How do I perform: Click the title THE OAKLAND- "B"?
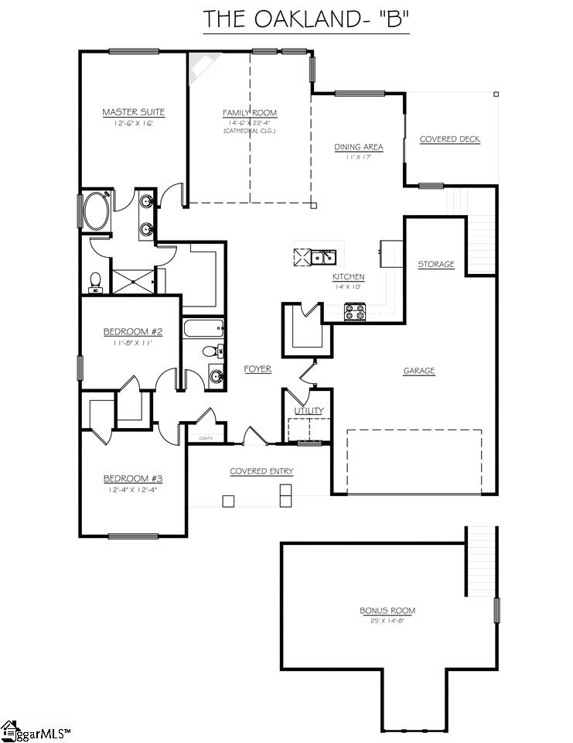[x=305, y=19]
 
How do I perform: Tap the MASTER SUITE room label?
[x=133, y=112]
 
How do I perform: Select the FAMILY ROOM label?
[x=249, y=113]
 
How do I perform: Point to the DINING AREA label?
[x=358, y=147]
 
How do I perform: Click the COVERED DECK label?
[x=449, y=139]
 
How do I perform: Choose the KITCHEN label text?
[x=348, y=276]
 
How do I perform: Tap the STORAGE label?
[x=436, y=265]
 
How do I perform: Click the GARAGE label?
[x=419, y=371]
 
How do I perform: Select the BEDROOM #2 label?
[x=133, y=331]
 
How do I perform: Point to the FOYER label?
[x=258, y=369]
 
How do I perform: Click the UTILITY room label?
[x=309, y=411]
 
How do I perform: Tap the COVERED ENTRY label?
[x=261, y=471]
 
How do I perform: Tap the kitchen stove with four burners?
[x=355, y=311]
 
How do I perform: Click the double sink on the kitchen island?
[x=323, y=256]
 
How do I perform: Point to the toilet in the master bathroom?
[x=96, y=282]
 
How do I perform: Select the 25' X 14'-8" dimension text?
[x=387, y=621]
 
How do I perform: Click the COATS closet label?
[x=206, y=438]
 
